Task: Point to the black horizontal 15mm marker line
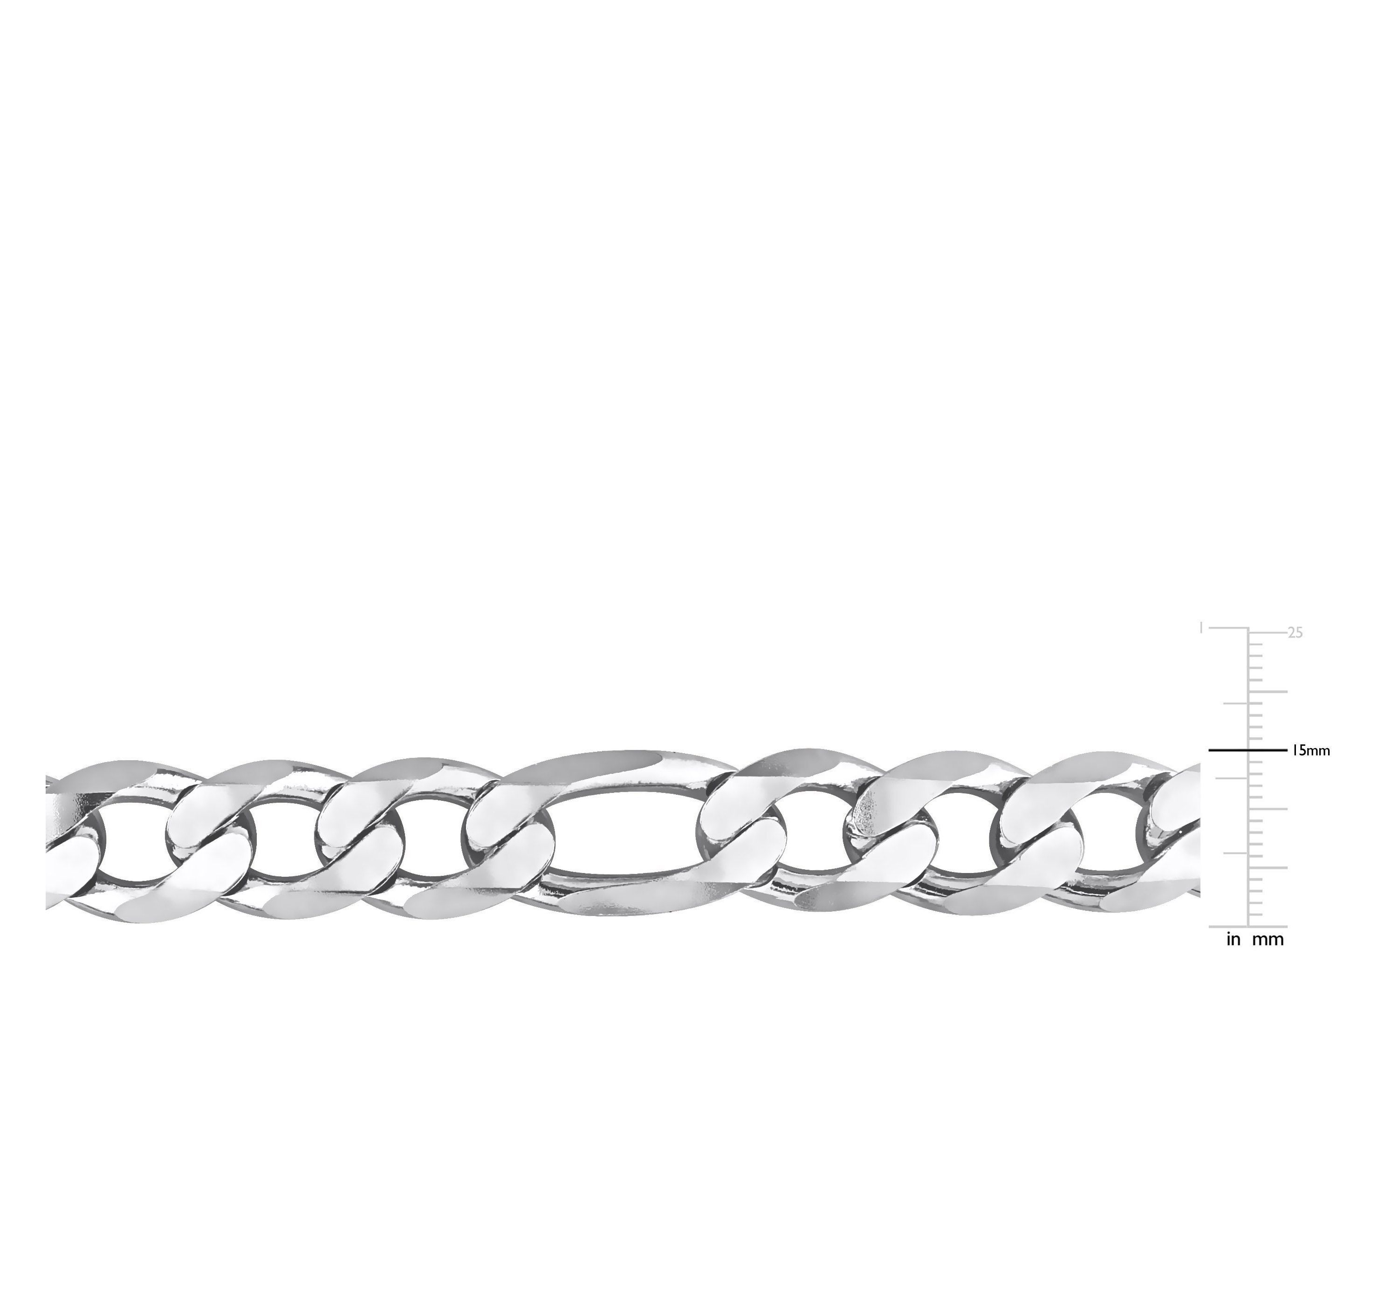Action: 1247,750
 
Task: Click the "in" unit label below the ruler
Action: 1234,939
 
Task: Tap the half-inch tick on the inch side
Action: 1235,777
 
